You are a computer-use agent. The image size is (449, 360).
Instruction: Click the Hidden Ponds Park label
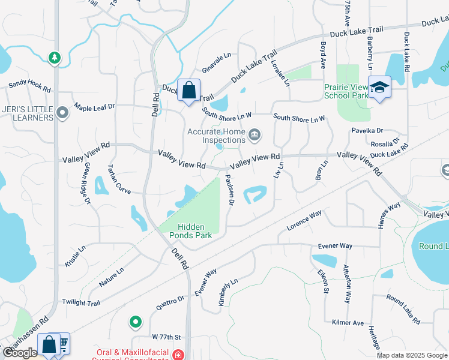tap(191, 231)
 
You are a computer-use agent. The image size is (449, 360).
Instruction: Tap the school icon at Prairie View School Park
tap(379, 88)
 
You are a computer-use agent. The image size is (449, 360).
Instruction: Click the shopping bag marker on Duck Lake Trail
tap(188, 91)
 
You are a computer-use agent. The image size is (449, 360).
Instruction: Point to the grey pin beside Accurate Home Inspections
tap(255, 134)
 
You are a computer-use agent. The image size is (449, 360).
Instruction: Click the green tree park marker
tap(55, 58)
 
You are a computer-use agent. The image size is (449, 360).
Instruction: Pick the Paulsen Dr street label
tap(229, 190)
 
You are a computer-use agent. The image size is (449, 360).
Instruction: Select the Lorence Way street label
tap(304, 220)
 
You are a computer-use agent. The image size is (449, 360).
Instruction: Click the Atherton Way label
tap(346, 284)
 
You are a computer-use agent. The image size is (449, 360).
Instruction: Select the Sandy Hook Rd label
tap(29, 86)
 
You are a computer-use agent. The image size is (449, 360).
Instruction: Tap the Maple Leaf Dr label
tap(94, 107)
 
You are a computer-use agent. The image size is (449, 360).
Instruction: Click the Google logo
tap(20, 353)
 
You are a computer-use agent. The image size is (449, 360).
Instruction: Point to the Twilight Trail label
tap(81, 303)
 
